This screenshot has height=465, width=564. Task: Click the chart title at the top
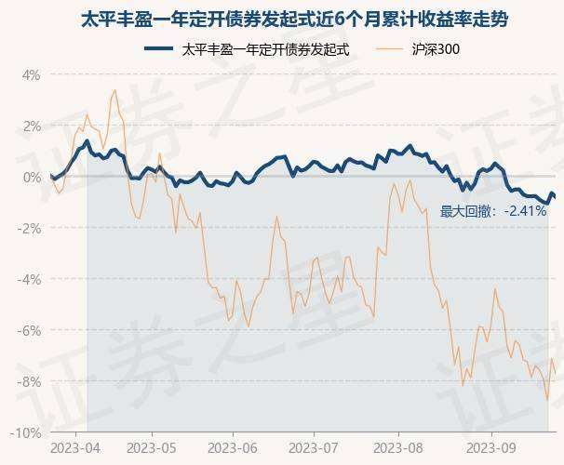pos(282,18)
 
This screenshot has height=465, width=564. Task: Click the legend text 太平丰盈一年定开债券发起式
pos(266,49)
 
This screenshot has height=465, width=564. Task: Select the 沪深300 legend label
pos(435,49)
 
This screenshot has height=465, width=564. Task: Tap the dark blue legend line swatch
pos(160,49)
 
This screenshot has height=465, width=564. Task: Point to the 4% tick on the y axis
pos(31,74)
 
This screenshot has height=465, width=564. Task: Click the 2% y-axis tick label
pos(31,126)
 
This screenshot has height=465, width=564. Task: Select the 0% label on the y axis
pos(31,177)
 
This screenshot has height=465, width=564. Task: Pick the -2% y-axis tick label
pos(29,228)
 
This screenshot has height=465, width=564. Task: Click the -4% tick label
pos(29,279)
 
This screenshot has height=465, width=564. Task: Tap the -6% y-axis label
pos(29,330)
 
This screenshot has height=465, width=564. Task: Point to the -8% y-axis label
pos(29,381)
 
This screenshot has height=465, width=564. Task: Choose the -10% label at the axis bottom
pos(26,432)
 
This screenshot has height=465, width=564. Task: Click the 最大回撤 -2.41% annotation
pos(493,211)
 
